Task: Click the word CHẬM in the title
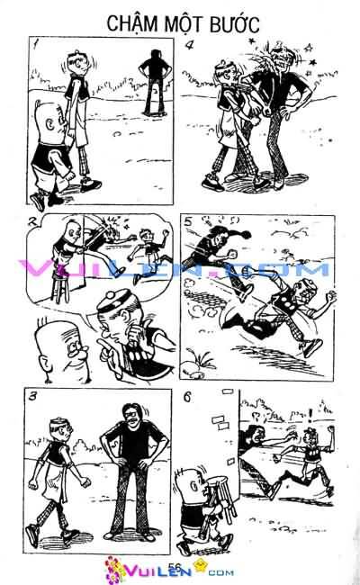130,22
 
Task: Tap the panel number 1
33,45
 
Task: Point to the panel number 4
190,45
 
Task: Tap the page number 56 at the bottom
174,565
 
